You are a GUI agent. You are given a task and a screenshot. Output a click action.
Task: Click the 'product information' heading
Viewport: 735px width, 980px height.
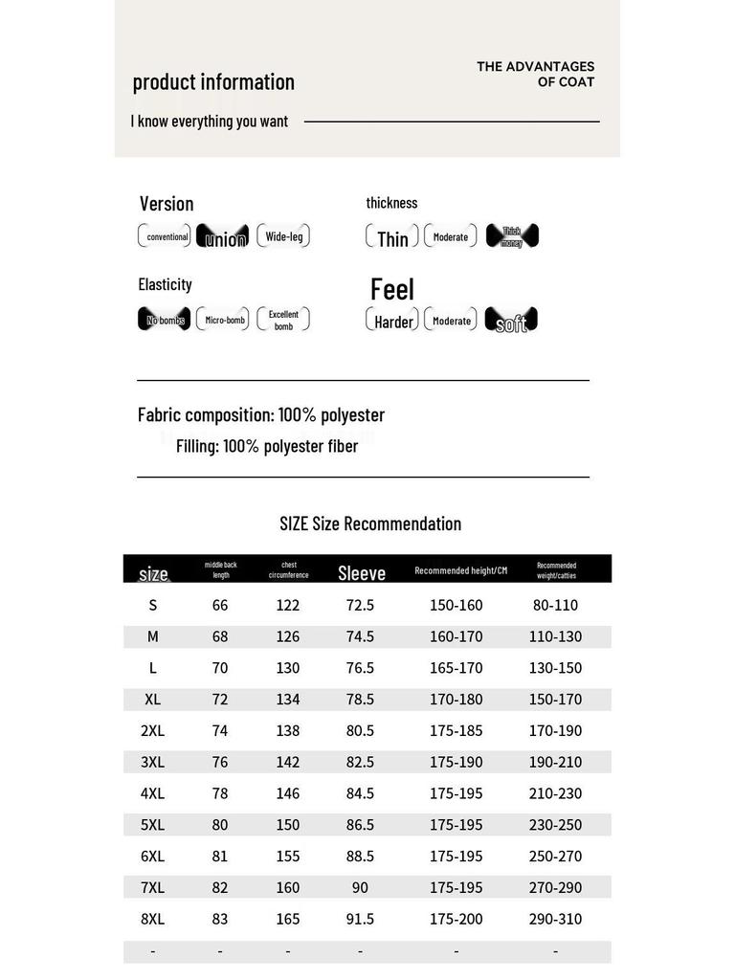[213, 82]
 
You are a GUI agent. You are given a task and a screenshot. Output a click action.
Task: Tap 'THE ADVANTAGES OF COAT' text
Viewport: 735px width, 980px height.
[536, 74]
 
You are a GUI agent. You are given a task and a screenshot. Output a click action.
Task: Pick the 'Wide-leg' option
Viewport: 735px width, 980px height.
[283, 236]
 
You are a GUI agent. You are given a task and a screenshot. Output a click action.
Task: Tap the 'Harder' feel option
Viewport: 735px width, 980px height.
[393, 322]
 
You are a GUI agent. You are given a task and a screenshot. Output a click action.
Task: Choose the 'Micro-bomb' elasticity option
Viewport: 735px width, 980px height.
[223, 320]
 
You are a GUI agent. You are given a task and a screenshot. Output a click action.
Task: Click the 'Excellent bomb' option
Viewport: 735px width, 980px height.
[283, 320]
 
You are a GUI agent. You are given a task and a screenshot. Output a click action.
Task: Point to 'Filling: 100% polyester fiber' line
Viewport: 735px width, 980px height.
[266, 446]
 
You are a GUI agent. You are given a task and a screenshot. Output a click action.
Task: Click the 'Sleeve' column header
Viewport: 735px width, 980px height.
[361, 572]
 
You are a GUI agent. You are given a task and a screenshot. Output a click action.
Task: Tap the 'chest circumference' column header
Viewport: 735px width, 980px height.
[288, 569]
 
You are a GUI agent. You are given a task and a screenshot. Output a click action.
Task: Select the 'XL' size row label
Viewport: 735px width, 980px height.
[153, 699]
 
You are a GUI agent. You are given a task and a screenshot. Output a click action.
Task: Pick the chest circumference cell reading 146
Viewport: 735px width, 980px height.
[288, 793]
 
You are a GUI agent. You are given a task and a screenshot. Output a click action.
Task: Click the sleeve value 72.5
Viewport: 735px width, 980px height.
[360, 605]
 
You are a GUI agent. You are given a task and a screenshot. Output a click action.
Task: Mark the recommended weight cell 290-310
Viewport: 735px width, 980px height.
[555, 919]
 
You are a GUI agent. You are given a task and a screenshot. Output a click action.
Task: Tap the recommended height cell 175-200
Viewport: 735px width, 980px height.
[457, 919]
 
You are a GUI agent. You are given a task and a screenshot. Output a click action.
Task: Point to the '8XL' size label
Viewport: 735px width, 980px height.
[153, 919]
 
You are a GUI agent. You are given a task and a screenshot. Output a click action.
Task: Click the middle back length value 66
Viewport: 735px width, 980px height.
[220, 605]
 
